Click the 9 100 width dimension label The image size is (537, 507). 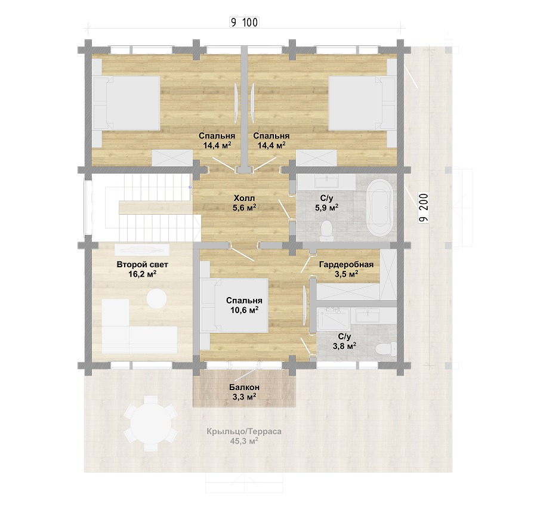(245, 23)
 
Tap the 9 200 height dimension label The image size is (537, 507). (424, 208)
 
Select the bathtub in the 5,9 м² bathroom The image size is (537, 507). (379, 208)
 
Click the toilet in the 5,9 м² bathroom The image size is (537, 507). (326, 231)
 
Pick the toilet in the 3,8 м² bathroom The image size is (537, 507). (385, 349)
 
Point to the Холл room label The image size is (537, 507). (245, 198)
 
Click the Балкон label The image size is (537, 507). (244, 387)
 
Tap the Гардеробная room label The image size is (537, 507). (346, 264)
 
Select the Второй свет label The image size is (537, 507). (143, 264)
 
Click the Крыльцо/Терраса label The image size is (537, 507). (244, 431)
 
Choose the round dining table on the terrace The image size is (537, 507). (151, 423)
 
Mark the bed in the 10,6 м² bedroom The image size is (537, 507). (234, 305)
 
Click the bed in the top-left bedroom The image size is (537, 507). (127, 103)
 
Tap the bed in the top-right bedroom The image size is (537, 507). (362, 103)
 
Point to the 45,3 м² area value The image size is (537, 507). (244, 441)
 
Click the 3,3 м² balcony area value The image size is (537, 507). (244, 397)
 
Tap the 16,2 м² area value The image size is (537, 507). (143, 274)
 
